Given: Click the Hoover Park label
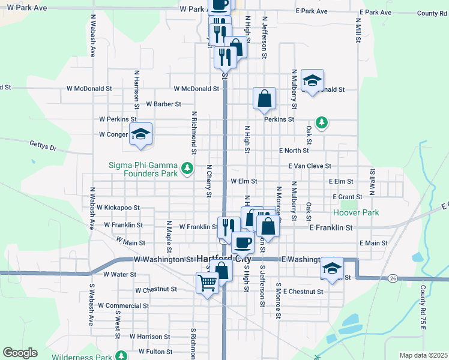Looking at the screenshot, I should [x=356, y=212].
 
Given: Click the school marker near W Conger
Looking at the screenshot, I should [x=140, y=134].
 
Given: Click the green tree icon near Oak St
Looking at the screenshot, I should [x=322, y=122].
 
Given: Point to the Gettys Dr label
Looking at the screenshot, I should [x=43, y=145].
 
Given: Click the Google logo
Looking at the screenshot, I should [x=20, y=353].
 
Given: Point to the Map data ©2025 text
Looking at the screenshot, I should [x=423, y=355].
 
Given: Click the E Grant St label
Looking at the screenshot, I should [x=348, y=196].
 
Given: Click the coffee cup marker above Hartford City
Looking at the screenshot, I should [x=243, y=242].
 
